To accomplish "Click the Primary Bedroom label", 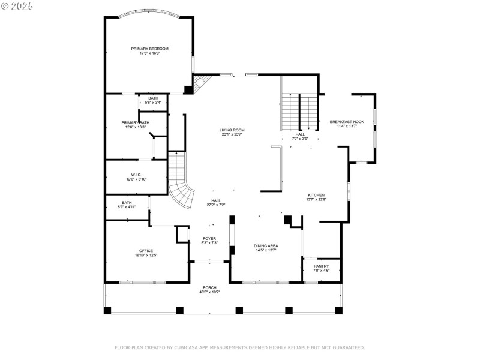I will (150, 49).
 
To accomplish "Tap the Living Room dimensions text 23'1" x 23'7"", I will (232, 134).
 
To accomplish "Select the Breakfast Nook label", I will (347, 122).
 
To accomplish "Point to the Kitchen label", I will (316, 195).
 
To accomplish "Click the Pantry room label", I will (322, 266).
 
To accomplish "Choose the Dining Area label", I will (266, 245).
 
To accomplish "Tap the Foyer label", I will (209, 238).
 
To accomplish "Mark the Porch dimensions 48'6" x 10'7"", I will (209, 292).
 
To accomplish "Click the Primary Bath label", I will (136, 122).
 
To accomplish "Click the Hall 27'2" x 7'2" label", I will (215, 201).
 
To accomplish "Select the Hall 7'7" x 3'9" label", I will (300, 134).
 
